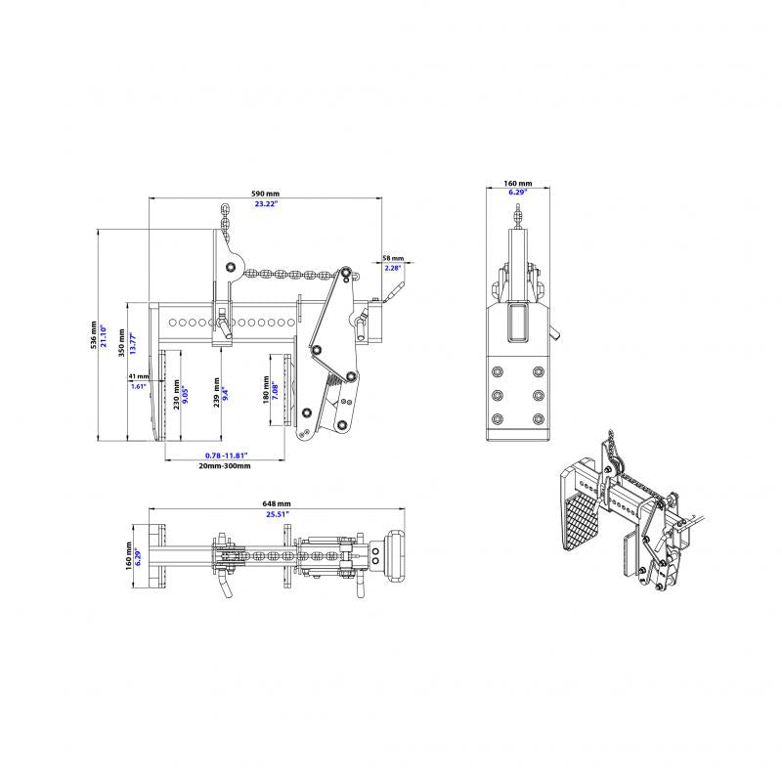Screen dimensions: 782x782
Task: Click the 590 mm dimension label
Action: click(264, 194)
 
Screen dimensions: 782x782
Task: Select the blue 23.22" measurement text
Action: click(264, 204)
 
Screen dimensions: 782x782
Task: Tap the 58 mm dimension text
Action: click(393, 257)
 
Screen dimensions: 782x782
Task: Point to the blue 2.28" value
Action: click(393, 268)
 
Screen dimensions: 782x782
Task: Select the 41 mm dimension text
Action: click(138, 375)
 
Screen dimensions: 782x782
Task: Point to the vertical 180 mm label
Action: click(265, 390)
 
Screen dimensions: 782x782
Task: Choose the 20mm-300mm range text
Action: click(225, 466)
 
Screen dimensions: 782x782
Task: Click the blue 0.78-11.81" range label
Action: click(225, 456)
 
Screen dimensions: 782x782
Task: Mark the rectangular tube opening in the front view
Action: click(517, 323)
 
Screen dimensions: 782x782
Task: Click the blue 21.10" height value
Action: click(104, 336)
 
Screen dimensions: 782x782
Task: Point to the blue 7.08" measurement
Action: click(276, 390)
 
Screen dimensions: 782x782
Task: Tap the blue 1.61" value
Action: click(138, 386)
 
